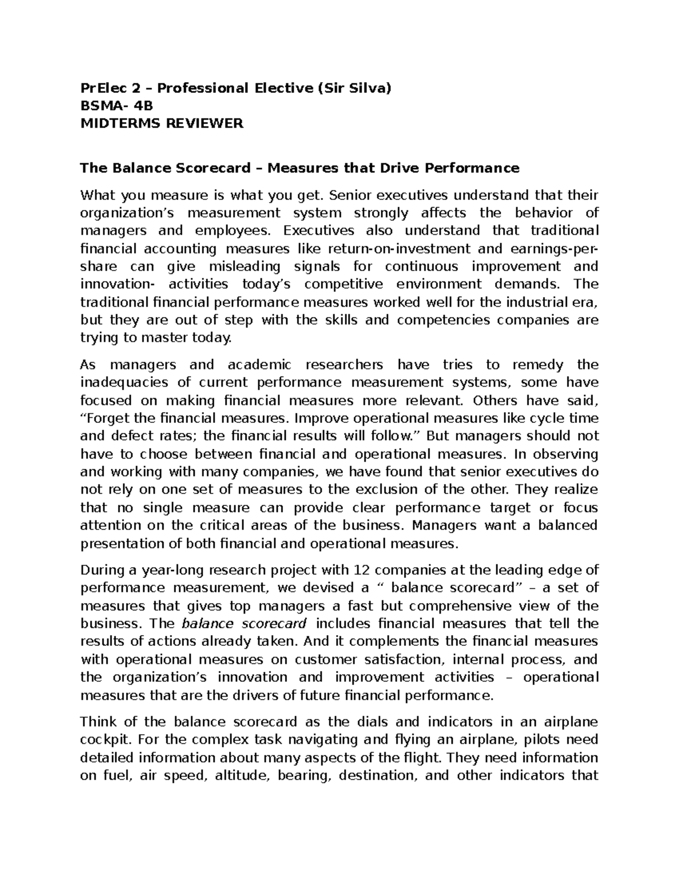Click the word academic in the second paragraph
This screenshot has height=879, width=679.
(259, 365)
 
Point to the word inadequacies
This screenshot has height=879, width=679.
(117, 383)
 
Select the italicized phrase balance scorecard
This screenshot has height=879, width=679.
(244, 624)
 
